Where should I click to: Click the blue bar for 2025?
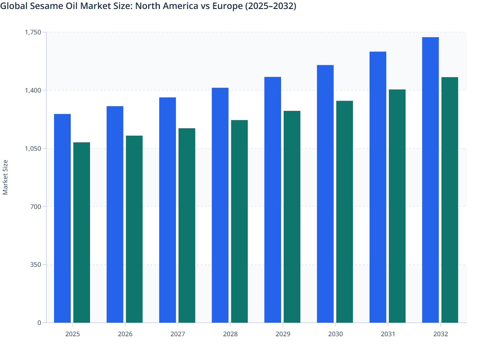click(62, 218)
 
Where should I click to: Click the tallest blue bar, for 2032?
click(430, 180)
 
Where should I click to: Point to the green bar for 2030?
click(344, 212)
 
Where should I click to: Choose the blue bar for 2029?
click(273, 200)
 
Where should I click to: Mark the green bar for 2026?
click(134, 229)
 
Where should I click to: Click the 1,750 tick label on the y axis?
click(33, 32)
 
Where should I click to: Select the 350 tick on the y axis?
click(35, 265)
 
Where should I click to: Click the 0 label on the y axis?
click(39, 323)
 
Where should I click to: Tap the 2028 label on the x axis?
click(230, 334)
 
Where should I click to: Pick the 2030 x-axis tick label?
click(335, 334)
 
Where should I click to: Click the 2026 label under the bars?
click(125, 334)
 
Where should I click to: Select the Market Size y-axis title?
click(5, 177)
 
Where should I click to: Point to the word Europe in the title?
click(227, 6)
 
